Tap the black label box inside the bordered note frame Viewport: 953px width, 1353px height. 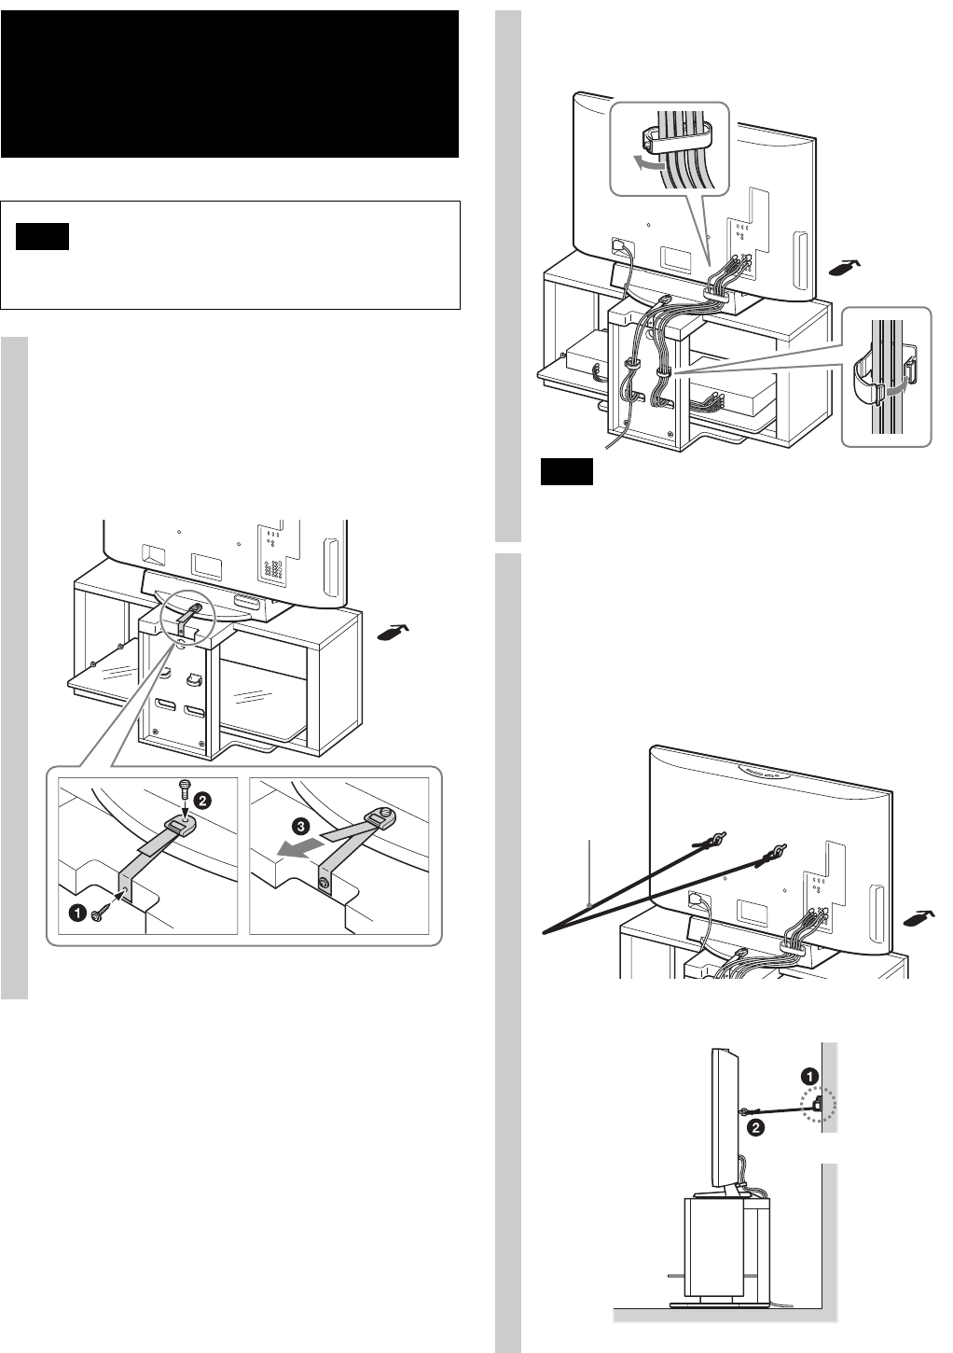43,237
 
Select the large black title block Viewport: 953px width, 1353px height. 230,84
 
